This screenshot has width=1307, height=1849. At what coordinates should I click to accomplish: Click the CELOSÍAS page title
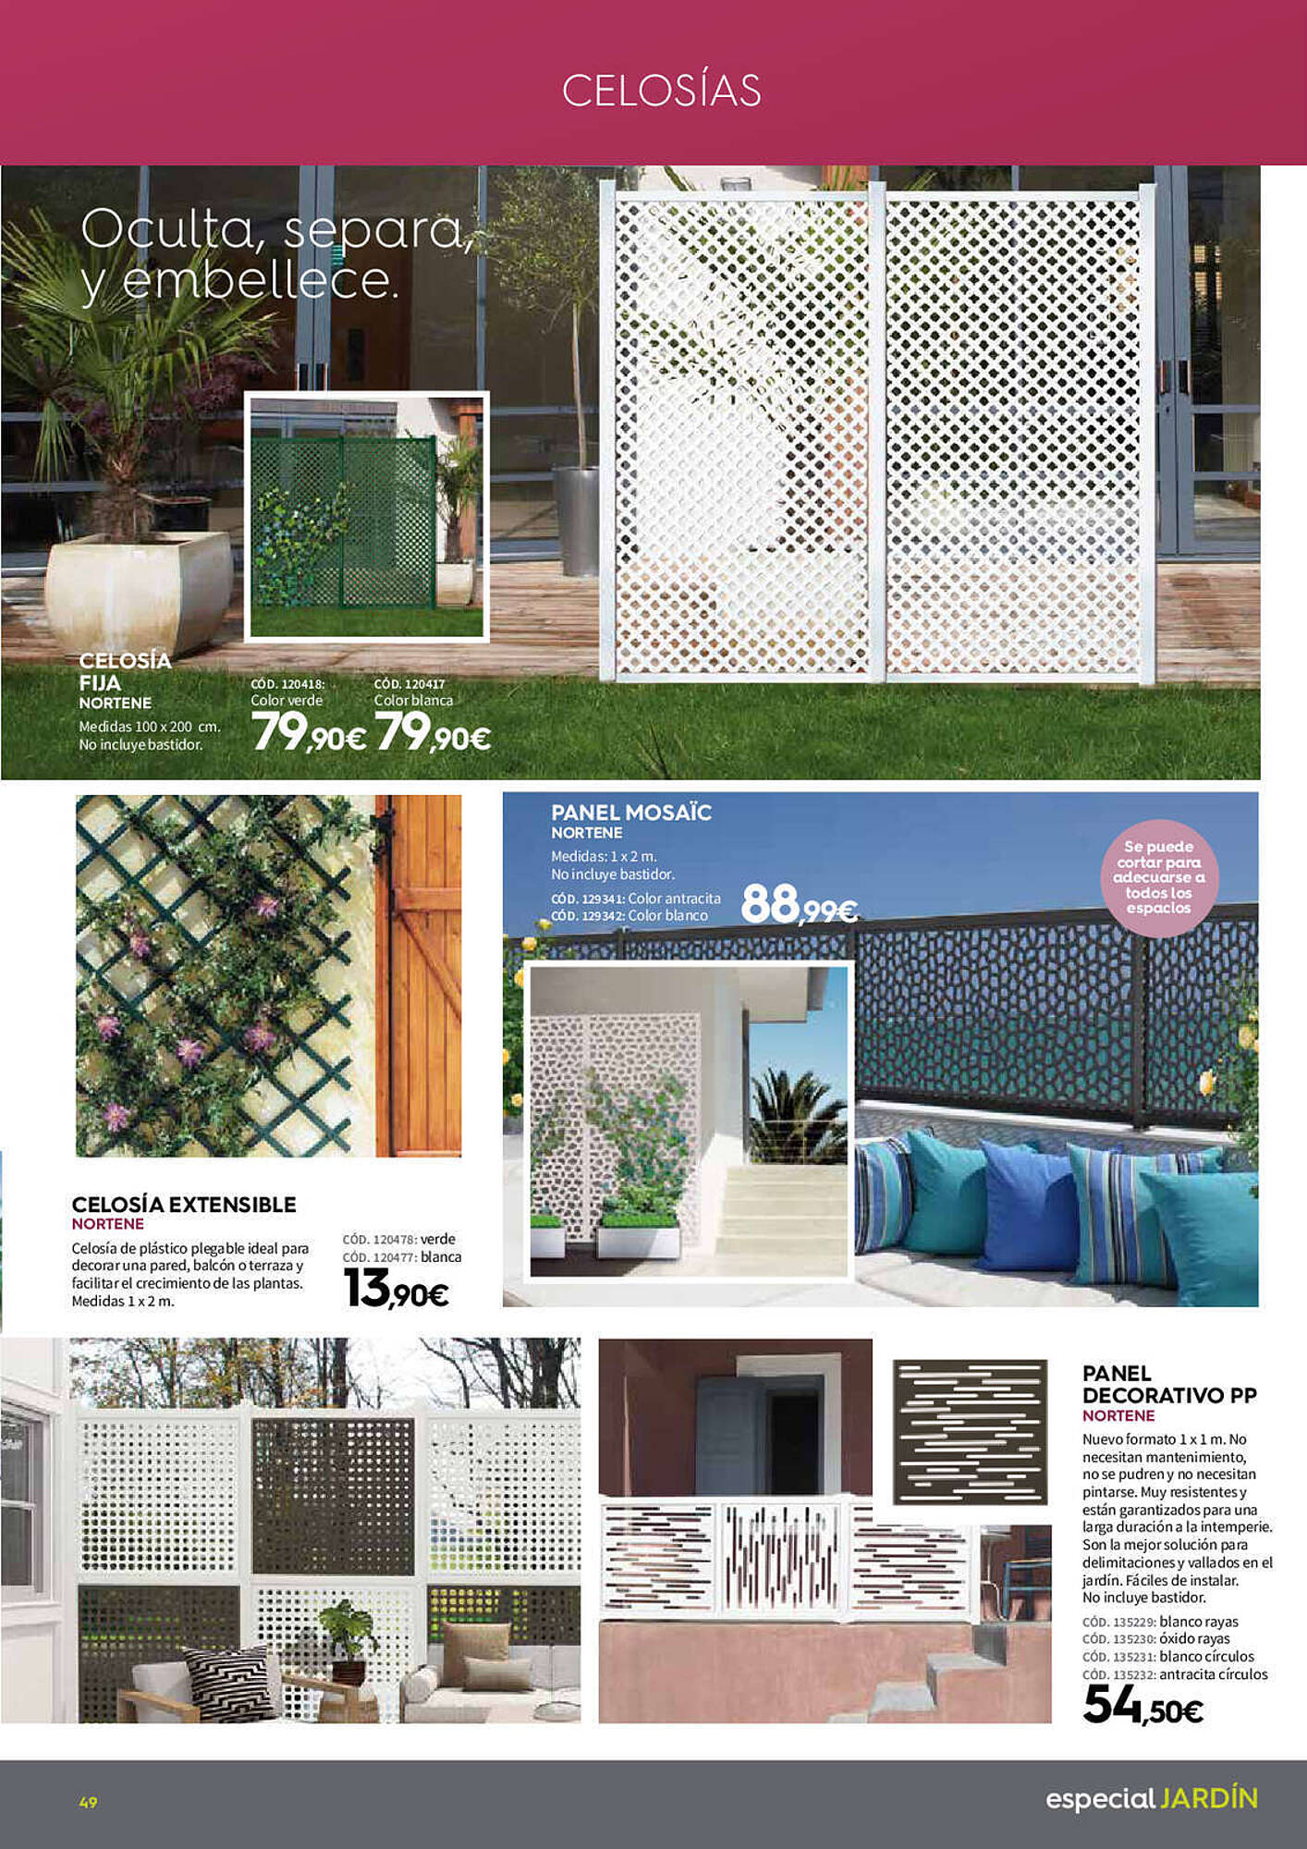tap(661, 91)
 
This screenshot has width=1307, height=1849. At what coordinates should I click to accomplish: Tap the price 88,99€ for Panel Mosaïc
tap(800, 904)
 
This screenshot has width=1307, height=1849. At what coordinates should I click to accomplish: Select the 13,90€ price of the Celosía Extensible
tap(396, 1289)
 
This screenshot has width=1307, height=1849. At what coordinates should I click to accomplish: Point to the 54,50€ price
tap(1142, 1705)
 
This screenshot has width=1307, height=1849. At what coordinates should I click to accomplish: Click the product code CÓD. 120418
tap(287, 684)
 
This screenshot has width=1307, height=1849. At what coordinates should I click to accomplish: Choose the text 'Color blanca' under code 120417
tap(413, 701)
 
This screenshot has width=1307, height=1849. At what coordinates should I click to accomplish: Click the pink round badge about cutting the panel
tap(1158, 877)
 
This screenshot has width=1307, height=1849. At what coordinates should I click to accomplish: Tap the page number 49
tap(89, 1802)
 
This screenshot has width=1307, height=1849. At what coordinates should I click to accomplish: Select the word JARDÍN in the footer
tap(1209, 1798)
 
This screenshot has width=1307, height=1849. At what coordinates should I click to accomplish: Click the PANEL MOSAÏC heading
tap(631, 813)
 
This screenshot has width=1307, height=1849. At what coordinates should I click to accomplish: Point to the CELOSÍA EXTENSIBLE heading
tap(184, 1205)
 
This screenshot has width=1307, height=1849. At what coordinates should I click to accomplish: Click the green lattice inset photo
tap(366, 516)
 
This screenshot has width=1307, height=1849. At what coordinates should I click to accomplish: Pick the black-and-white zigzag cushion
tap(228, 1684)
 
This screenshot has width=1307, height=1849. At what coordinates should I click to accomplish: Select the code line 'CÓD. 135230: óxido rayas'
tap(1155, 1639)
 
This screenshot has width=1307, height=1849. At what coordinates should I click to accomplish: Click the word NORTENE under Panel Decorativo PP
tap(1118, 1415)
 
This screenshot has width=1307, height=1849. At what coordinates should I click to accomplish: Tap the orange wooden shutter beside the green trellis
tap(418, 975)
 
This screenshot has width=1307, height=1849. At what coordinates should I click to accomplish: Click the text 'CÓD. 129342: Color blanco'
tap(629, 915)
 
